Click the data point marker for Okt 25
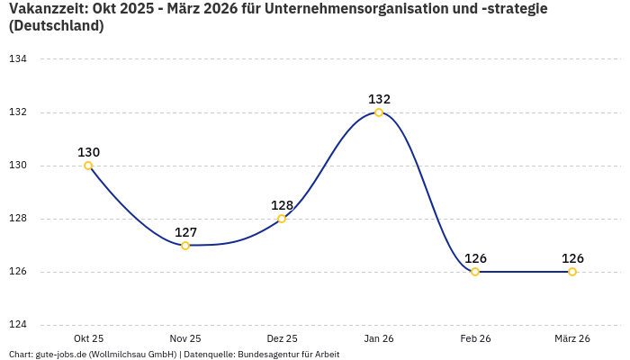tap(88, 166)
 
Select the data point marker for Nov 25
tap(185, 246)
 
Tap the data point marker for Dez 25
tap(282, 219)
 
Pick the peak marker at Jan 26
tap(379, 112)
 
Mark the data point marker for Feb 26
tap(475, 272)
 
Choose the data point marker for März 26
tap(572, 272)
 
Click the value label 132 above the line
tap(379, 99)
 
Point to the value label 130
tap(88, 152)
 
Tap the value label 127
tap(185, 232)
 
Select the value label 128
tap(282, 205)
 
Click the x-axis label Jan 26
tap(379, 338)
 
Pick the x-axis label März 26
tap(572, 338)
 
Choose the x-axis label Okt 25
tap(88, 338)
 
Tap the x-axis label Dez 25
tap(282, 338)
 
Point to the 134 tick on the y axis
tap(18, 59)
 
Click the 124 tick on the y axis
tap(18, 325)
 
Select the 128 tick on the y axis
tap(18, 219)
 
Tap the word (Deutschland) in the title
tap(56, 26)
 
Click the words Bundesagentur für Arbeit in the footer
tap(288, 355)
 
